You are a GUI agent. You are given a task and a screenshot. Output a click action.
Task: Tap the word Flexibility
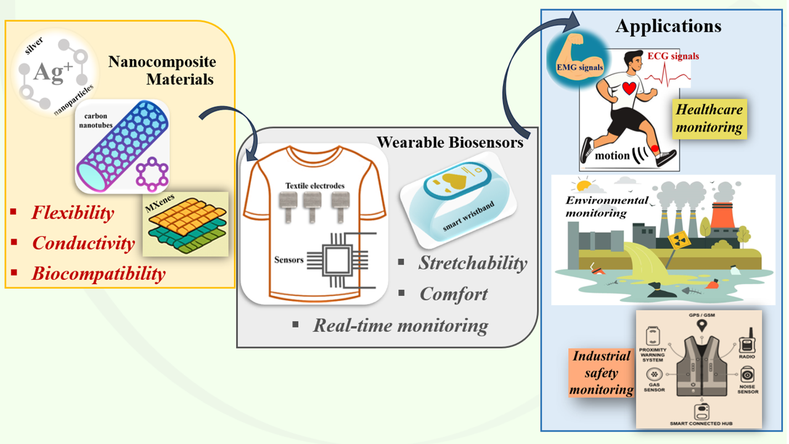pos(73,213)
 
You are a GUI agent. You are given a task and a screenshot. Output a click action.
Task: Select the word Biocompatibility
pos(99,273)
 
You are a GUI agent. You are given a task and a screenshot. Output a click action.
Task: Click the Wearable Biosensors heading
pos(450,142)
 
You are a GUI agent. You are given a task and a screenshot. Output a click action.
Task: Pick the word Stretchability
pos(473,263)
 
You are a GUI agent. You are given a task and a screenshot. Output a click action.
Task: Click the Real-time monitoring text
pos(400,325)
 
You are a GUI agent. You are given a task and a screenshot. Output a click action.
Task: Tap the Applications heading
pos(668,27)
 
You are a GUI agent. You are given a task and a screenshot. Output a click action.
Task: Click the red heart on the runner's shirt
pos(629,88)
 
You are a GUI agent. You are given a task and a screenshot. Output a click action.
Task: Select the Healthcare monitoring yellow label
pos(709,118)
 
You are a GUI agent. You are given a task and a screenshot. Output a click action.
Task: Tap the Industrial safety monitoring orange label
pos(601,372)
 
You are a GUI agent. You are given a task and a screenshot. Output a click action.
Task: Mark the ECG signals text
pos(673,56)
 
